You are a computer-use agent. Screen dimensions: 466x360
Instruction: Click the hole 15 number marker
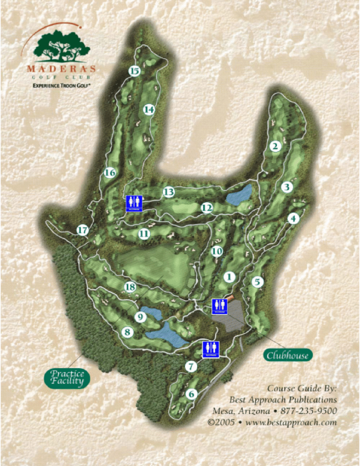coord(134,71)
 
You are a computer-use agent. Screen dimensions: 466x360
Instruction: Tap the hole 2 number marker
coord(274,146)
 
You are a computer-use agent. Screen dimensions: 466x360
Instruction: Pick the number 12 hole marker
coord(207,208)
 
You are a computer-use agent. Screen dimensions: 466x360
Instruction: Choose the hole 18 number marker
coord(130,287)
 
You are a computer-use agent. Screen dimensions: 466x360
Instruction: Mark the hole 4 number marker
coord(294,219)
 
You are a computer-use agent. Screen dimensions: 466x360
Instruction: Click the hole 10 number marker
coord(217,251)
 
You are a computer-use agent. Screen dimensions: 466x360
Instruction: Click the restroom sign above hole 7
coord(211,349)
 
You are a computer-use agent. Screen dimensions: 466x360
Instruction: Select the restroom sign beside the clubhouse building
coord(219,306)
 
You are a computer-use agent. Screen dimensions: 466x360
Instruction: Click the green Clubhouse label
coord(288,355)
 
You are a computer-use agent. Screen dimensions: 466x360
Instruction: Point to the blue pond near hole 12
coord(239,195)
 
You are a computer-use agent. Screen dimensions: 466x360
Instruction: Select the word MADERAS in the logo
coord(61,69)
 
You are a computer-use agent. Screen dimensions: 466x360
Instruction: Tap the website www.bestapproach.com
coord(291,422)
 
